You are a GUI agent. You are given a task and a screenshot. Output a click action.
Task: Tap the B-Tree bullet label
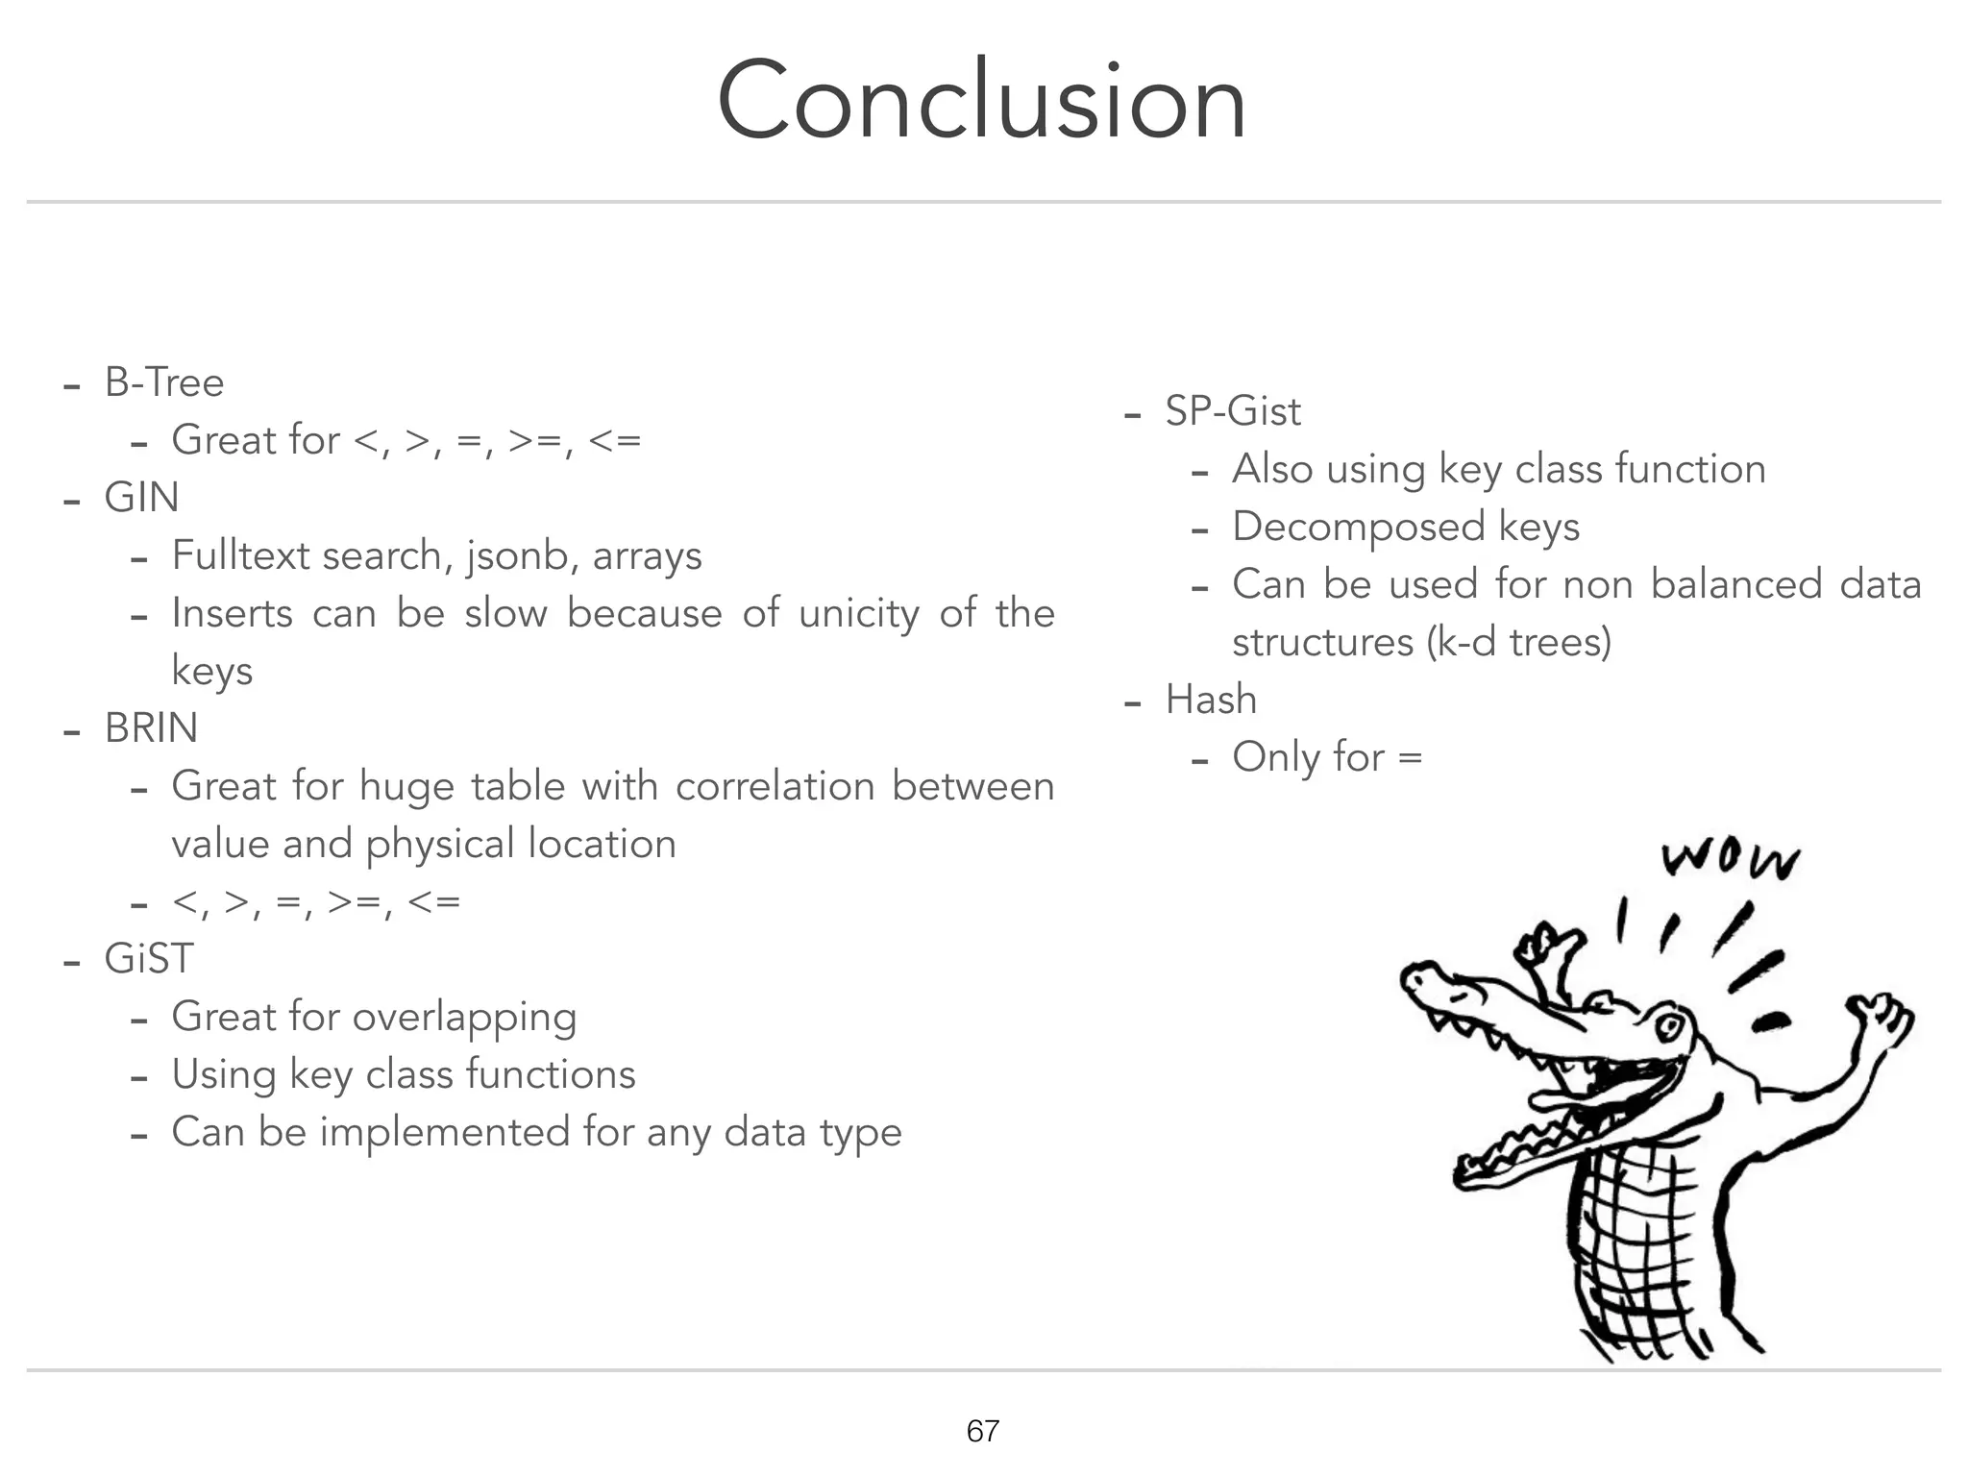click(163, 382)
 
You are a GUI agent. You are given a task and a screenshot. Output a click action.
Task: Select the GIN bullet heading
click(141, 498)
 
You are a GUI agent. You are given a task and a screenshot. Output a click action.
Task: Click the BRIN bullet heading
click(151, 728)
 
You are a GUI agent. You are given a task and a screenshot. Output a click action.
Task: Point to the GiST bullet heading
click(149, 959)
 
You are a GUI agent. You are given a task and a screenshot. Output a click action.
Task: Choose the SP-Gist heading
click(1232, 411)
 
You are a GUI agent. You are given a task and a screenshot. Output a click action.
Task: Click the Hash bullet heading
click(1211, 700)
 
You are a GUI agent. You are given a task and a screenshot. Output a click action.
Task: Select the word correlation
click(774, 786)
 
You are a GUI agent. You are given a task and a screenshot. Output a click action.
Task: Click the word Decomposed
click(1358, 527)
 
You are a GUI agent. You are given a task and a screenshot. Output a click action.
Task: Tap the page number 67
click(982, 1431)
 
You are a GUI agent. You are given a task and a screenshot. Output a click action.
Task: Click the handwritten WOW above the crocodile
click(1730, 860)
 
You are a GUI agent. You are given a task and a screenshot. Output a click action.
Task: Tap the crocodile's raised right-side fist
click(1880, 1019)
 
